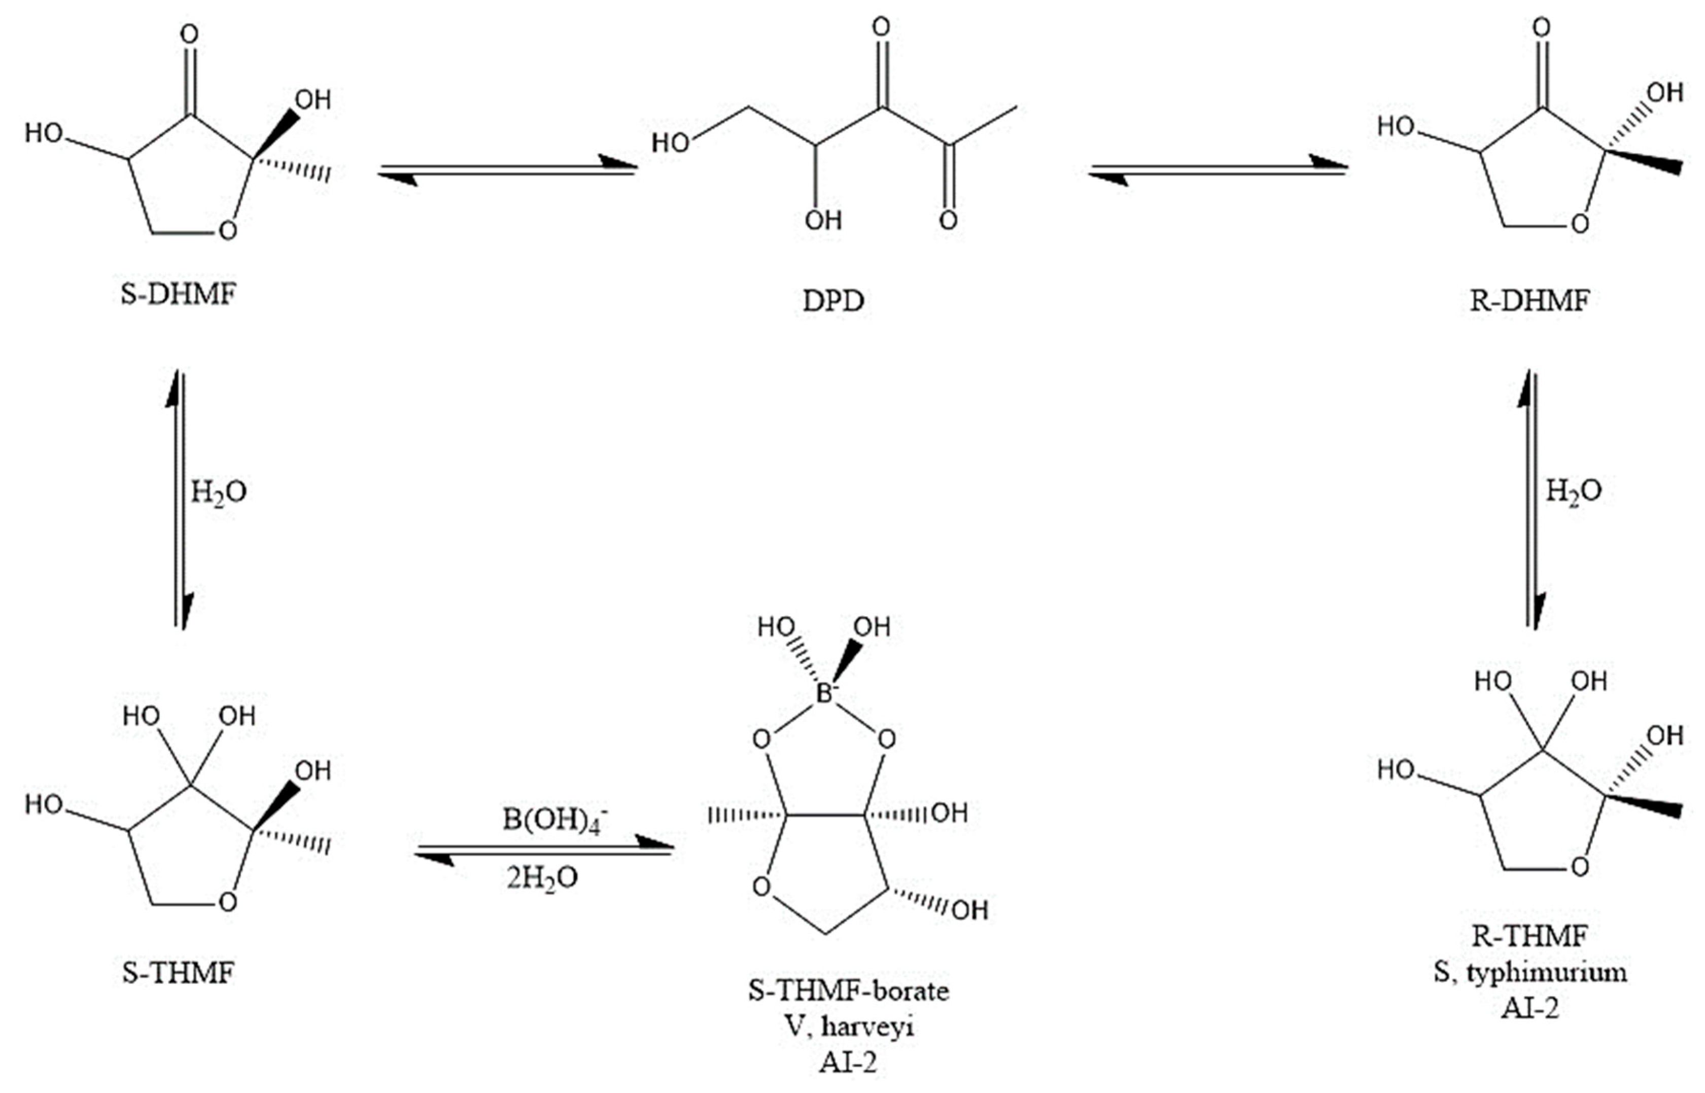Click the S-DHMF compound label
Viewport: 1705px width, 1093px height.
pyautogui.click(x=178, y=295)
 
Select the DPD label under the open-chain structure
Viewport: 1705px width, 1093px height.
pyautogui.click(x=833, y=302)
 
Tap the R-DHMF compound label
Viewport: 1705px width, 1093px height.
pyautogui.click(x=1529, y=302)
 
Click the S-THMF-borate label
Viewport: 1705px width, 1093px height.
pyautogui.click(x=848, y=990)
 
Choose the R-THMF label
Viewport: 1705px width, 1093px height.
pyautogui.click(x=1529, y=936)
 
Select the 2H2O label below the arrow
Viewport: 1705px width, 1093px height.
pyautogui.click(x=542, y=878)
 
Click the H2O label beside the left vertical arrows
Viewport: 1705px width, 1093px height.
pyautogui.click(x=219, y=492)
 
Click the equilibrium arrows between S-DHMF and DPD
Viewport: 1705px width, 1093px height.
pyautogui.click(x=507, y=170)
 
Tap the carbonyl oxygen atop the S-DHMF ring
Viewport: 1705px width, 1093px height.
pyautogui.click(x=189, y=34)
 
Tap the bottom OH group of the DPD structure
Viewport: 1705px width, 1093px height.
pyautogui.click(x=823, y=221)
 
